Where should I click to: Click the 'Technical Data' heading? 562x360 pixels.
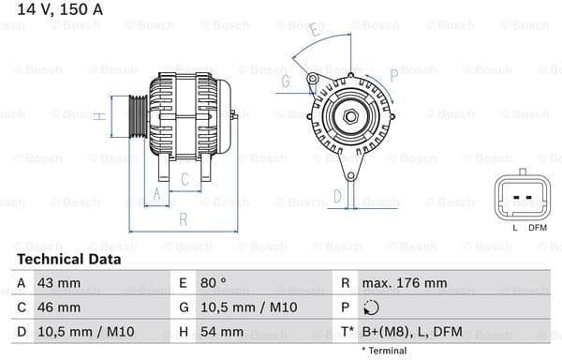point(68,259)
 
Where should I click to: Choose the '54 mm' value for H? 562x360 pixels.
point(223,332)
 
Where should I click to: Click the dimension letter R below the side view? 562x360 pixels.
point(184,219)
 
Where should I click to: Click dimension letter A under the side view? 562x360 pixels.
point(158,194)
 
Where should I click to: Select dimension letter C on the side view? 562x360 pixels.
point(185,178)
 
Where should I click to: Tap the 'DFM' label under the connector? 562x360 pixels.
point(537,228)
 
